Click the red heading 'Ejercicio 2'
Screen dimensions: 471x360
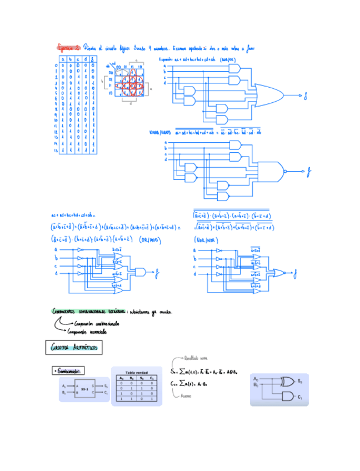(69, 48)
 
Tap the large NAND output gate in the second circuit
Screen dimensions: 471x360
(271, 171)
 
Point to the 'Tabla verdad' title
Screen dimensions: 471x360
(136, 372)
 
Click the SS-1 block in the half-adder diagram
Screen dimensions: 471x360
(84, 389)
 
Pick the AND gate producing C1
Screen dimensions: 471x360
(287, 396)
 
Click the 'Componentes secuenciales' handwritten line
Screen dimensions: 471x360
(89, 332)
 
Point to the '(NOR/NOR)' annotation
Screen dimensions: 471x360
(204, 240)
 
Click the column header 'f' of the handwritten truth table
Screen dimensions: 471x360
(92, 59)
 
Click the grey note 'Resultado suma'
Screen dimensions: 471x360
(196, 358)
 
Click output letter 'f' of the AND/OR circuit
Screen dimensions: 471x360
(305, 96)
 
